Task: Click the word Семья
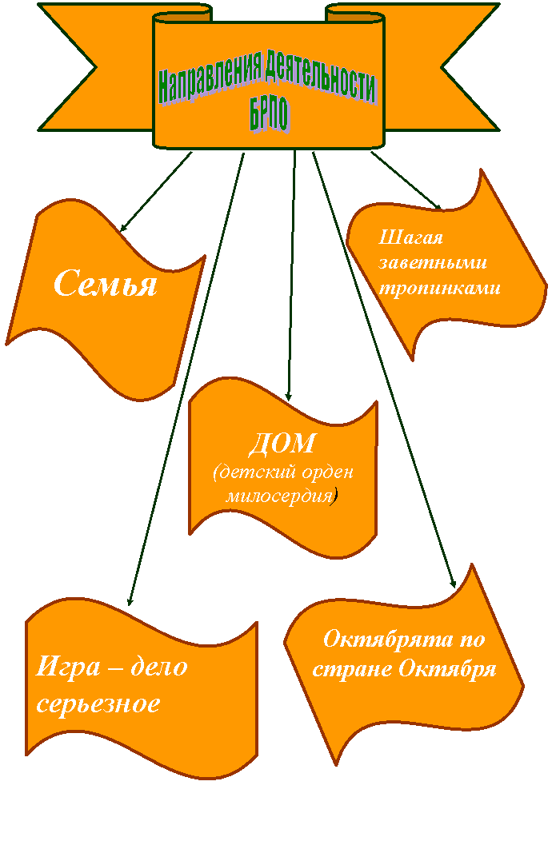106,283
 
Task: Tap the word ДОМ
283,444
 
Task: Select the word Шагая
410,237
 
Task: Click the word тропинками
440,288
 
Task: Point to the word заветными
433,263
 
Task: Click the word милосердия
279,496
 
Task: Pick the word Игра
68,668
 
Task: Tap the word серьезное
98,703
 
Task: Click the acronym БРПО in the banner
270,114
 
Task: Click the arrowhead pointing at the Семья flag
123,228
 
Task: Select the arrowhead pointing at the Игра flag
130,601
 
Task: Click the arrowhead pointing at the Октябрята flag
453,584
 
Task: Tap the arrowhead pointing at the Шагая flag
437,206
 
